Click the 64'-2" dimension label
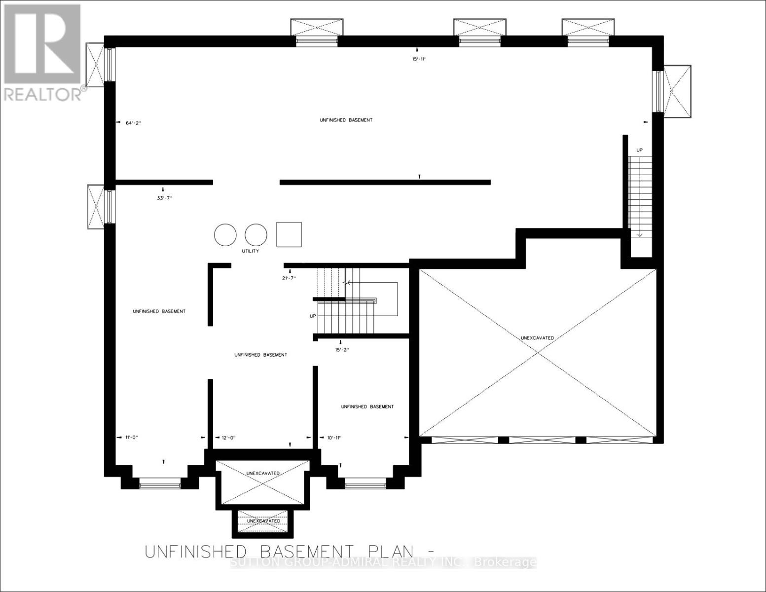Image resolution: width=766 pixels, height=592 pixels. point(133,123)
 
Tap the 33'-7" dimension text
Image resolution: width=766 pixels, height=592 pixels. point(163,198)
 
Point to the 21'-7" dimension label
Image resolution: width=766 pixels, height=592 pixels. point(289,278)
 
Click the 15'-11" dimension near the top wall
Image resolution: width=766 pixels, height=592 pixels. point(418,59)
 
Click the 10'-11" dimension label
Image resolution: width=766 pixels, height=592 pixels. point(334,438)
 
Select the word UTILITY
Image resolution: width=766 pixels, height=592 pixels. point(250,251)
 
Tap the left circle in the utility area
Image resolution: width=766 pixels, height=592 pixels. point(225,235)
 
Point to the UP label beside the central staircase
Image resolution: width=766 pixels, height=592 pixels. point(313,316)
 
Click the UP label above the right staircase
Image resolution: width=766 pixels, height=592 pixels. point(639,150)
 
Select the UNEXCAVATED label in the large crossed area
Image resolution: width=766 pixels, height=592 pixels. point(537,338)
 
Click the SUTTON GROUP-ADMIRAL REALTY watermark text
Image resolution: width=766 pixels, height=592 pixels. point(383,562)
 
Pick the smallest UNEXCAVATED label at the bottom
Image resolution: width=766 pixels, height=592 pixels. point(263,521)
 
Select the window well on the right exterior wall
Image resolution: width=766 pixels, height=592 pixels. point(678,91)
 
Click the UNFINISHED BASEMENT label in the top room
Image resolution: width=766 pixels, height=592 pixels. point(346,120)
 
